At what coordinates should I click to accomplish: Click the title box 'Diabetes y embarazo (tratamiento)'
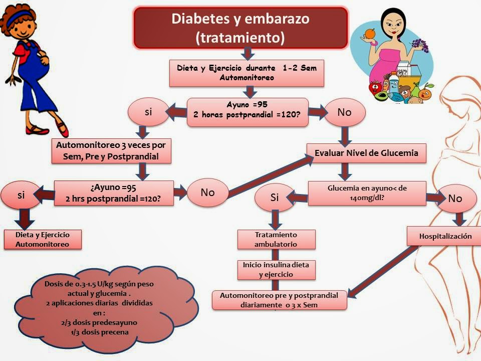coord(240,28)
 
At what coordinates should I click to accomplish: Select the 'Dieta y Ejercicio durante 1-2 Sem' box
coord(247,73)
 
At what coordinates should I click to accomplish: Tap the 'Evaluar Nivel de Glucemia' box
coord(366,153)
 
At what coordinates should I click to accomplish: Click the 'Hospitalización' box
coord(445,236)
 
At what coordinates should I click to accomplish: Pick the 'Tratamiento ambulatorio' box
coord(276,239)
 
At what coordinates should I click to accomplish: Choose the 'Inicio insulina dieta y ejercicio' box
coord(276,269)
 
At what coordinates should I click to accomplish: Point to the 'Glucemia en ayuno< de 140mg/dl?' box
coord(367,193)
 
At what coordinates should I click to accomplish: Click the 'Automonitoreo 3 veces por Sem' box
coord(111,150)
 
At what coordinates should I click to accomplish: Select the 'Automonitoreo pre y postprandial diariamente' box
coord(279,299)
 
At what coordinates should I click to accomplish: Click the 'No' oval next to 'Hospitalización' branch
coord(455,199)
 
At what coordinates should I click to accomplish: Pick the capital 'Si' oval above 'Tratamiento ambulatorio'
coord(274,198)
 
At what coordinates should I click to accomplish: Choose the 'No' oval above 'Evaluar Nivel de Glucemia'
coord(344,112)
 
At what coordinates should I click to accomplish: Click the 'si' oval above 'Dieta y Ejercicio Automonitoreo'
coord(21,196)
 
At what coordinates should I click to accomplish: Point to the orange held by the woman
coord(370,34)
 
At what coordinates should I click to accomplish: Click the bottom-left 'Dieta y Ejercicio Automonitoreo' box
coord(42,239)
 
